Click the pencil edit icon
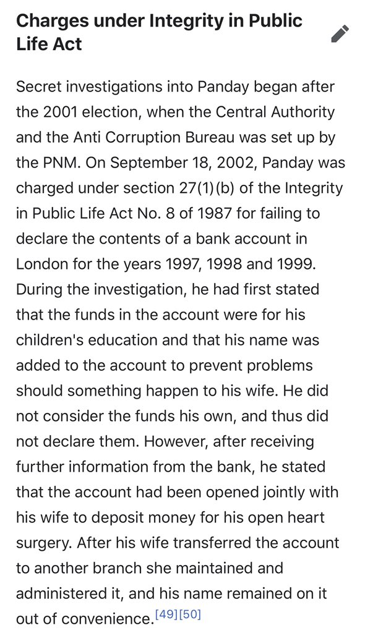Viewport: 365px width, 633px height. [340, 33]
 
